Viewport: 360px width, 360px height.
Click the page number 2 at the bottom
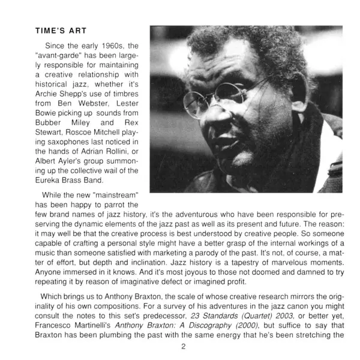point(183,347)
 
